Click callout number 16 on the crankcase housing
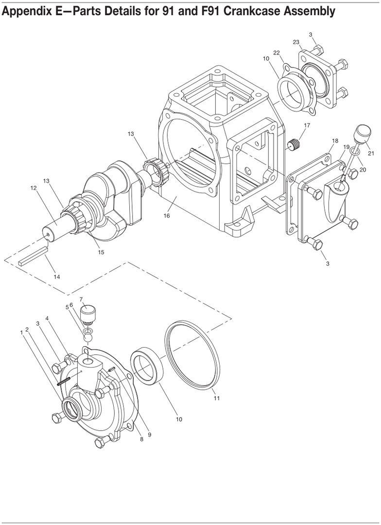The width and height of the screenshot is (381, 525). [x=166, y=216]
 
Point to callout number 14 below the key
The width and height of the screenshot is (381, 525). [x=57, y=277]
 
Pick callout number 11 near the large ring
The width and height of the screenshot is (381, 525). [x=217, y=398]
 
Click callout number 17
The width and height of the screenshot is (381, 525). [x=307, y=125]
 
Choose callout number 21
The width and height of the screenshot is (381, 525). [x=371, y=153]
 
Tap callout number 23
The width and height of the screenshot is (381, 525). [x=296, y=42]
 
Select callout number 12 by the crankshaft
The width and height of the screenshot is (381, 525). [x=34, y=188]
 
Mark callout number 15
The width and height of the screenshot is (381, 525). [x=101, y=252]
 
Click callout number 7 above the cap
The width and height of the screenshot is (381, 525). [x=81, y=298]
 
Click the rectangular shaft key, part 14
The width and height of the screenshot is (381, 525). [x=34, y=254]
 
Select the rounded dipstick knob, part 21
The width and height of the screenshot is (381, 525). [x=363, y=133]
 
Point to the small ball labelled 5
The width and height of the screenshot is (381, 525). [x=87, y=339]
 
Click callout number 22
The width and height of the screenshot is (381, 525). [x=276, y=53]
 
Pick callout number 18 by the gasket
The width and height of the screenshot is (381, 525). [x=335, y=140]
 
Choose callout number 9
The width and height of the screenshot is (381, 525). [x=149, y=435]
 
